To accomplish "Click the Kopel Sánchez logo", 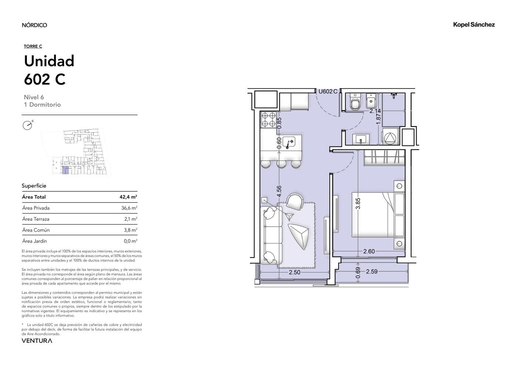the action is (x=474, y=25).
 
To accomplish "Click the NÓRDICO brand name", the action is (x=34, y=25).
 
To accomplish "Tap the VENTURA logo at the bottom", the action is (x=37, y=341).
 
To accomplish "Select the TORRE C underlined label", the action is (x=33, y=46).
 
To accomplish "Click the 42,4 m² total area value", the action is (x=128, y=197).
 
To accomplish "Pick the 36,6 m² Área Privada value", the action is (x=129, y=208).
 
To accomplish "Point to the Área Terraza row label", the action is (x=36, y=219).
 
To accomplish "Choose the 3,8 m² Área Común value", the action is (x=131, y=230).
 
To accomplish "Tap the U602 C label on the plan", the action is (x=328, y=91).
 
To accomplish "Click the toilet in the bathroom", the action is (x=355, y=102).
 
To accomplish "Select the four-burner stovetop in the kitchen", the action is (x=269, y=120).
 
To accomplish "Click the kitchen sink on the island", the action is (x=289, y=142).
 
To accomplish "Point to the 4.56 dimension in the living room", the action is (x=279, y=191).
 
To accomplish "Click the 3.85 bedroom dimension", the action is (x=358, y=204).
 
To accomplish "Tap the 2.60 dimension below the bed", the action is (x=369, y=251).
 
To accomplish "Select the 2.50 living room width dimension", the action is (x=295, y=272).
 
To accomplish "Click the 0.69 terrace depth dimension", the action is (x=358, y=272).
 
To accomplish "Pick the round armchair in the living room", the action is (x=295, y=201).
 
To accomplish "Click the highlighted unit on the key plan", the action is (x=65, y=170).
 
